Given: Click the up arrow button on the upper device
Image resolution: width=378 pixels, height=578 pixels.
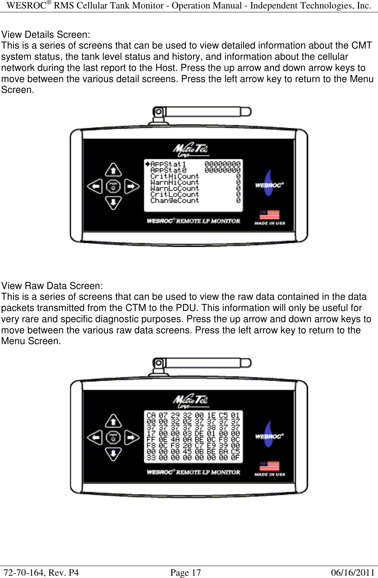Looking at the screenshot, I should click(x=113, y=170).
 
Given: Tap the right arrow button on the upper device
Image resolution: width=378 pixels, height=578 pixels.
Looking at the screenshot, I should click(x=131, y=187).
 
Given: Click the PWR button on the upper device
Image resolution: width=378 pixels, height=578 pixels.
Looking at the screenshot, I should click(x=113, y=187).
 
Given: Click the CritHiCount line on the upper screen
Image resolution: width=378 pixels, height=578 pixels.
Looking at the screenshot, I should click(x=175, y=176).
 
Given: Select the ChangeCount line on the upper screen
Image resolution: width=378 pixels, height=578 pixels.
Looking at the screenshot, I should click(x=175, y=201).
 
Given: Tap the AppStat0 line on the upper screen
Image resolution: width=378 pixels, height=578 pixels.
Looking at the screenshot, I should click(x=168, y=170).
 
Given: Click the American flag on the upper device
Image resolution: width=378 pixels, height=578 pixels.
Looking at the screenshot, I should click(x=269, y=215).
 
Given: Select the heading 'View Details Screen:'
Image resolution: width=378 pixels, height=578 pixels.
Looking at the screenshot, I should click(x=46, y=35).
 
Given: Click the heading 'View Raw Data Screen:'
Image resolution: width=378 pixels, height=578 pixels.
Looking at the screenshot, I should click(x=52, y=286).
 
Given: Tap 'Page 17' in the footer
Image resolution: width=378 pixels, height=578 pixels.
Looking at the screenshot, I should click(x=185, y=573).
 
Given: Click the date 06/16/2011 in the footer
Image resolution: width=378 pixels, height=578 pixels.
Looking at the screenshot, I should click(x=353, y=573).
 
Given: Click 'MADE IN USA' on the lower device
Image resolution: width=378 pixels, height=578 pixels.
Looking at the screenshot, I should click(x=270, y=475).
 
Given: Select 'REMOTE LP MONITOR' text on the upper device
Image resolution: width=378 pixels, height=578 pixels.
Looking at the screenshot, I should click(x=208, y=221).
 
